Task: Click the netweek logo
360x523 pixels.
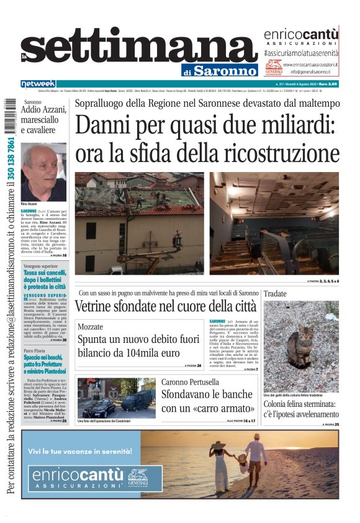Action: [x=38, y=83]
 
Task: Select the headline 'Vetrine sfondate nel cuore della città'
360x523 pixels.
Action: [x=165, y=306]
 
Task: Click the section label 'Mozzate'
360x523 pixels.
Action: [x=91, y=327]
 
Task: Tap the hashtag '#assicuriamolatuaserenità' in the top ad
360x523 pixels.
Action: [x=301, y=53]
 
